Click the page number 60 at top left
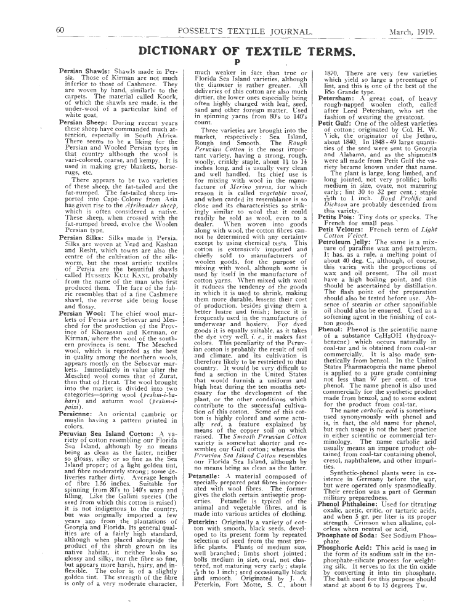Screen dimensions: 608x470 click(x=60, y=30)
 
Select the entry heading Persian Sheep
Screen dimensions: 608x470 click(x=84, y=122)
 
